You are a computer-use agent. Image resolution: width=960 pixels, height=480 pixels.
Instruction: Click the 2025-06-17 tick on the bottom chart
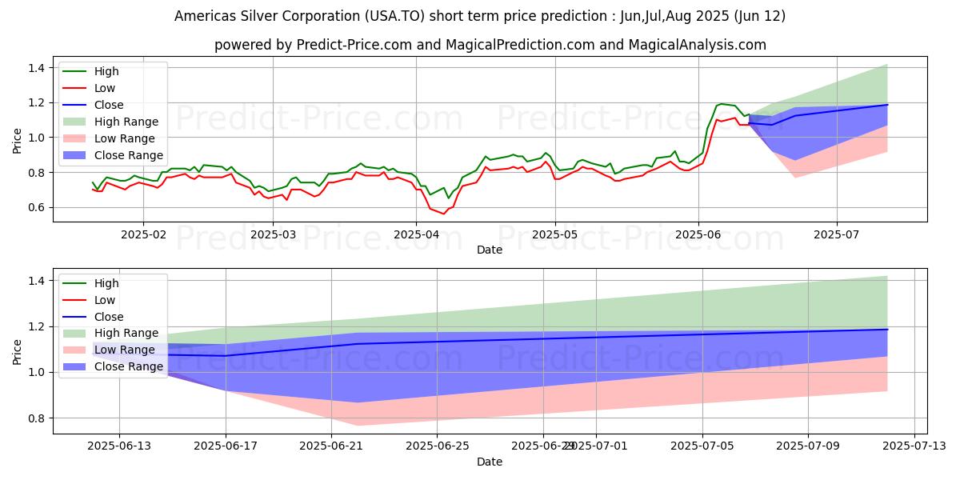coord(226,446)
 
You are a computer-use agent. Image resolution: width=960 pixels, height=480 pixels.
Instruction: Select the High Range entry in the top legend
coord(126,122)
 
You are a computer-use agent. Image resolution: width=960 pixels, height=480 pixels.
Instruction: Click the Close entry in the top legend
coord(109,105)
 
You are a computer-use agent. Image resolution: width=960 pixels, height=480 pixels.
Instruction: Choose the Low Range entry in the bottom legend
coord(125,350)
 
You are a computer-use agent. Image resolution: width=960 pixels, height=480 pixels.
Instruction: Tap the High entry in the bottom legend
coord(106,283)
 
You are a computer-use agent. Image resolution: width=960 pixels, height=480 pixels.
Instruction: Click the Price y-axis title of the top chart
coord(18,140)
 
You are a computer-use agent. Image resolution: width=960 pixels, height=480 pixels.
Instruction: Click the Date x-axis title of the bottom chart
coord(490,462)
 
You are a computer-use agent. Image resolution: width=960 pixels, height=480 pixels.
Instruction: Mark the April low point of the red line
coord(444,214)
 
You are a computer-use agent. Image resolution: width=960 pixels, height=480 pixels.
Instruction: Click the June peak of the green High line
coord(721,104)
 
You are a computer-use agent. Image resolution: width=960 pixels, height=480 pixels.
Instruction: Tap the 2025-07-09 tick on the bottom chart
coord(808,446)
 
